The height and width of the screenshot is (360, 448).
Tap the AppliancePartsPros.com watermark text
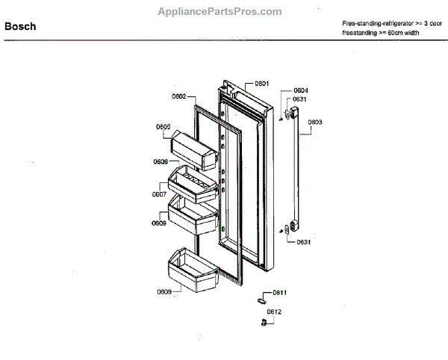pyautogui.click(x=220, y=12)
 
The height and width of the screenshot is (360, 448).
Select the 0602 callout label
pyautogui.click(x=178, y=96)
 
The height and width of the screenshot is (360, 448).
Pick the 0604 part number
pyautogui.click(x=301, y=90)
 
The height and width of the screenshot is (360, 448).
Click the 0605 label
pyautogui.click(x=163, y=126)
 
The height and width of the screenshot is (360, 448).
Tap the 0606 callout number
pyautogui.click(x=161, y=161)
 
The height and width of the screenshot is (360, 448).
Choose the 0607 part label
pyautogui.click(x=159, y=194)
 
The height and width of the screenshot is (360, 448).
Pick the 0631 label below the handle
pyautogui.click(x=303, y=242)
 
